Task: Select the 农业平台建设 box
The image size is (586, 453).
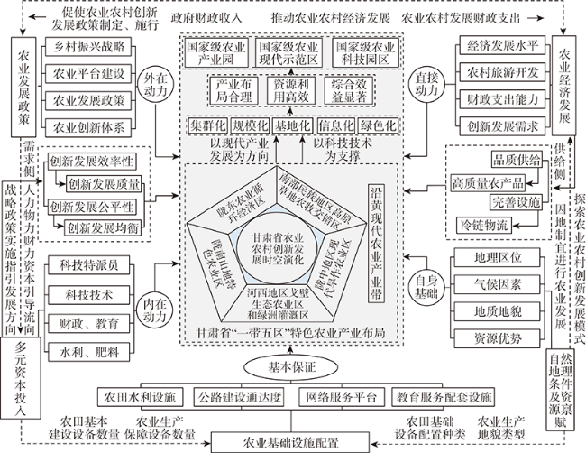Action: (88, 74)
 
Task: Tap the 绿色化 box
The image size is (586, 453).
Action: (379, 126)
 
